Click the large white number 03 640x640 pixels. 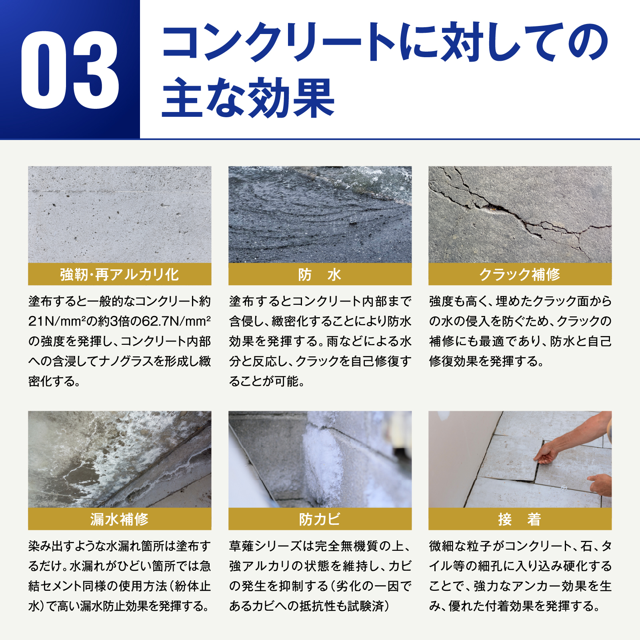coord(70,70)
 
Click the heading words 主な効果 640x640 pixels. coord(248,98)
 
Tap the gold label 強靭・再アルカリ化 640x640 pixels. coord(120,274)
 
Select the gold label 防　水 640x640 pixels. coord(320,274)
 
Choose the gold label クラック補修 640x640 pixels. coord(520,274)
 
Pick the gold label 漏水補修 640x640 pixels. coord(120,519)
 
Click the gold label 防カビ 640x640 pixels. coord(320,519)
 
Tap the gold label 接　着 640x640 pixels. coord(520,519)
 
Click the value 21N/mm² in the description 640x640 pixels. coord(55,321)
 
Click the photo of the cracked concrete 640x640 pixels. coord(520,215)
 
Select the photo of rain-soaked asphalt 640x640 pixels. coord(320,215)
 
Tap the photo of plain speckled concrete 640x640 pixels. coord(120,215)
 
